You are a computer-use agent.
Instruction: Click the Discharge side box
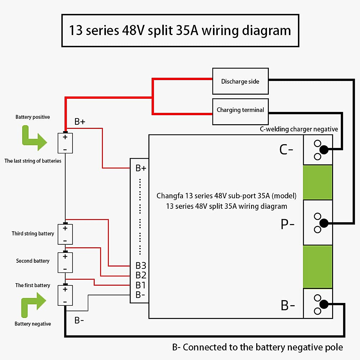coord(240,81)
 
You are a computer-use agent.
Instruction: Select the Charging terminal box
coord(240,111)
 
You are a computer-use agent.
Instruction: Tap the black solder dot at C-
coord(324,149)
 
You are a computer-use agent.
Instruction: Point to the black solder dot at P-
coord(324,223)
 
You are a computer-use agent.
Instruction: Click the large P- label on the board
coord(287,224)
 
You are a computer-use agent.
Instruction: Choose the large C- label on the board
coord(286,149)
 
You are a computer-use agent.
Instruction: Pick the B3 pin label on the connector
coord(141,265)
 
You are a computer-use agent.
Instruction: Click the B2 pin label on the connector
coord(141,275)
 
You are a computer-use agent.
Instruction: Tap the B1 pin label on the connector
coord(140,285)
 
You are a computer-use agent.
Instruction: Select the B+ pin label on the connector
coord(141,168)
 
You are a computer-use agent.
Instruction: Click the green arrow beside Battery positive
coord(34,138)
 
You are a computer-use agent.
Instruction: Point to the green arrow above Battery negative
coord(33,304)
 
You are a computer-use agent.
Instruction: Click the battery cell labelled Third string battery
coord(65,234)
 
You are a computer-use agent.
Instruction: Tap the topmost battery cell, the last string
coord(65,143)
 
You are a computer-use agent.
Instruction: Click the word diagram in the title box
coord(266,31)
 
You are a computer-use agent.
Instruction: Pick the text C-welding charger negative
coord(299,129)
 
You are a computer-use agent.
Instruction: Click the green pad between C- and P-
coord(318,182)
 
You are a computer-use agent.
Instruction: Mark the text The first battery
coord(33,285)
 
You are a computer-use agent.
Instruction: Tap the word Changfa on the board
coord(170,196)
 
